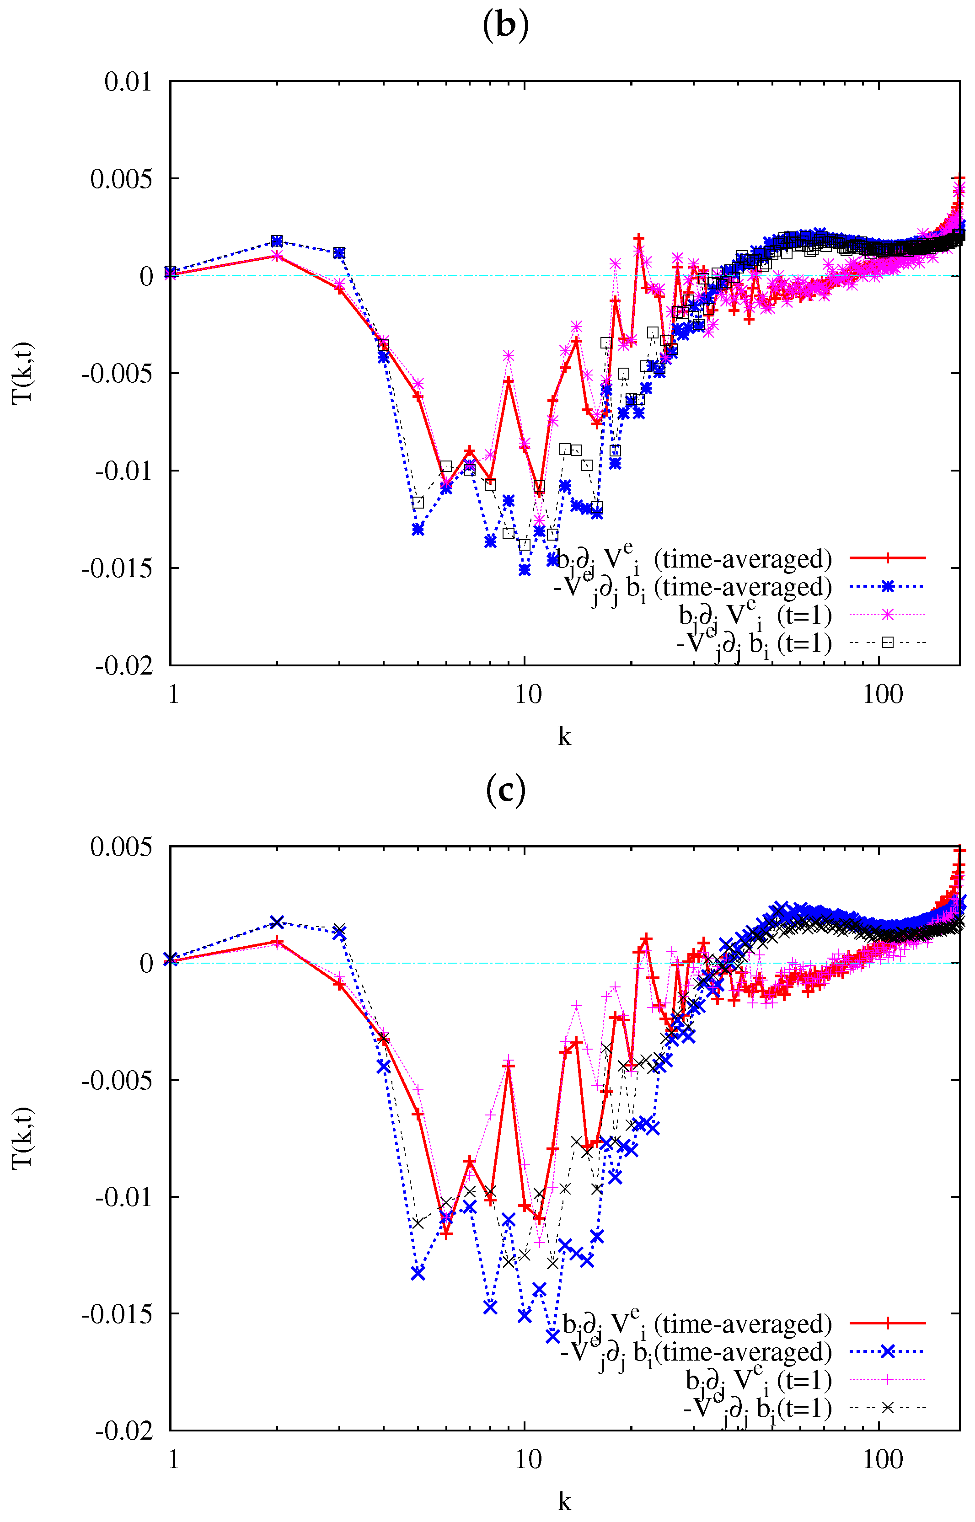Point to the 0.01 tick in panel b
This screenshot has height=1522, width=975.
click(x=128, y=82)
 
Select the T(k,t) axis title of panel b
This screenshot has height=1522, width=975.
click(x=23, y=373)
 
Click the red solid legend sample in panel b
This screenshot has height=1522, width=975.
click(x=887, y=558)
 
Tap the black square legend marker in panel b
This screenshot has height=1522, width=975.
click(x=887, y=643)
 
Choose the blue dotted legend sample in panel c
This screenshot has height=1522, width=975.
click(x=887, y=1352)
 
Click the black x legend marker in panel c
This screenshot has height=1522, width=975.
click(x=887, y=1407)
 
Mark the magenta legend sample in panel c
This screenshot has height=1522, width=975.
click(x=887, y=1380)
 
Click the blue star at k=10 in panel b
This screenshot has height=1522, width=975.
click(x=524, y=570)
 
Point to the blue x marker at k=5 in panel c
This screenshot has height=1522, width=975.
click(x=417, y=1273)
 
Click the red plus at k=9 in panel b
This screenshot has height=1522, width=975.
click(x=509, y=381)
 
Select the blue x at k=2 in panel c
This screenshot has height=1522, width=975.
click(x=277, y=922)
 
